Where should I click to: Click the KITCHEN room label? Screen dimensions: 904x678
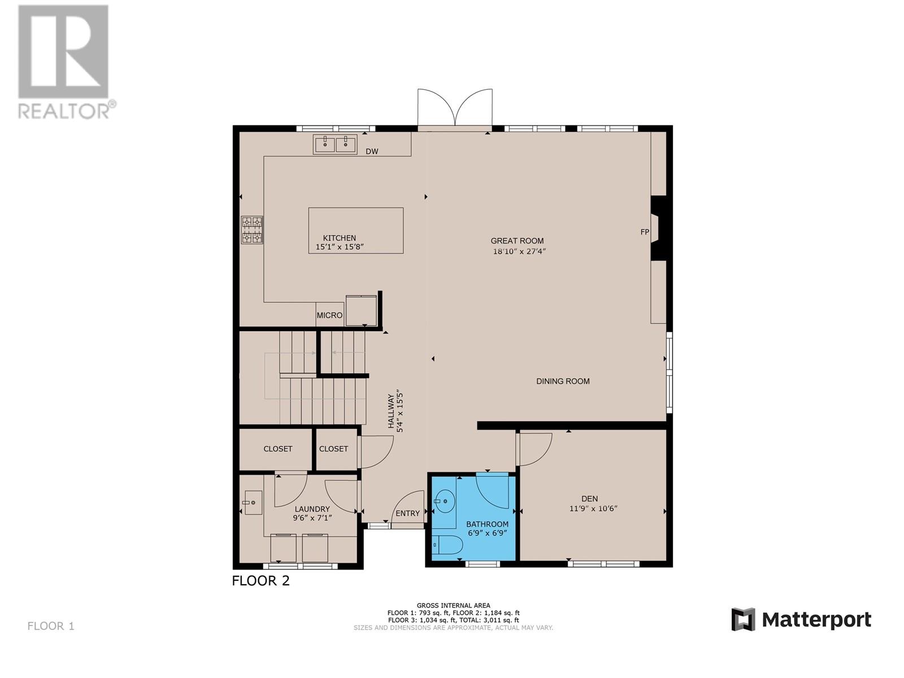pos(339,238)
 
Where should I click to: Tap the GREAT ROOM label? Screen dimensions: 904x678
pos(517,241)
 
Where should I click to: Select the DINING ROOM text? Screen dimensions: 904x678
pos(563,381)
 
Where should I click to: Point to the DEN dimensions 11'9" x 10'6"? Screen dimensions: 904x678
pos(593,508)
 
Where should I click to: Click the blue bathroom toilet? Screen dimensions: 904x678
pos(447,545)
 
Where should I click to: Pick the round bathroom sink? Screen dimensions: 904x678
pos(445,501)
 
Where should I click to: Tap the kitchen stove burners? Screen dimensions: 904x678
pos(252,230)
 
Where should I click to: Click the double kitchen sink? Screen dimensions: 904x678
pos(334,144)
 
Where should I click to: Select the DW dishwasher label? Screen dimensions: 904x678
pos(371,151)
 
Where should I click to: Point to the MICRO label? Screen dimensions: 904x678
pos(329,315)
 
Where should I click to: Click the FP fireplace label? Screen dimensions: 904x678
pos(645,232)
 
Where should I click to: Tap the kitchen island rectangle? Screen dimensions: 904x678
pos(355,231)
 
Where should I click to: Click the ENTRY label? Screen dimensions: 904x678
pos(407,514)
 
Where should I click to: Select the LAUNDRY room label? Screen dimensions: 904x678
pos(312,509)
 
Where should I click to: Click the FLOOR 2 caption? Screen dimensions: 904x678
pos(260,581)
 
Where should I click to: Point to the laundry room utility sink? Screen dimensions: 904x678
pos(253,503)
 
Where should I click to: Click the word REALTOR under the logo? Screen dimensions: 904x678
pos(64,110)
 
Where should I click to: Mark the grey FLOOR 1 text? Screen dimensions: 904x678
pos(51,626)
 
